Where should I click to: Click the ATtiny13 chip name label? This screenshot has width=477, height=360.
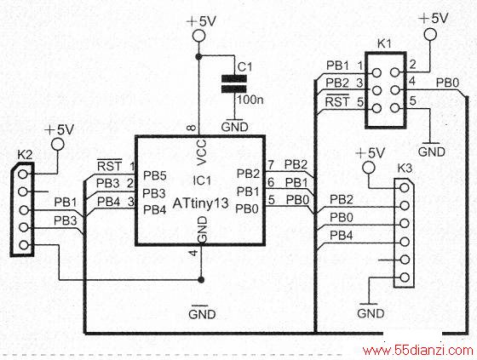200,203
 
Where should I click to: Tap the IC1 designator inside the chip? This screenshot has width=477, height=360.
202,180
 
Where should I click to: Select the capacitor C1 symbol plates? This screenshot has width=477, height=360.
234,83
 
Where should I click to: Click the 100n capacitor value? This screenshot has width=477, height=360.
250,99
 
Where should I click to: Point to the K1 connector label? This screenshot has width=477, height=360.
384,43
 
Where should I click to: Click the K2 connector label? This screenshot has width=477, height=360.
25,155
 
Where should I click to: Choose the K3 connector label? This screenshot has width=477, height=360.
405,168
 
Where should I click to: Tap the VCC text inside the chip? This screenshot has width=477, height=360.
202,152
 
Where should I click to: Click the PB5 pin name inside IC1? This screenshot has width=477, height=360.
155,175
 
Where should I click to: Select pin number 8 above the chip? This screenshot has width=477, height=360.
192,128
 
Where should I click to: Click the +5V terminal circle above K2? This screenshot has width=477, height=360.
57,144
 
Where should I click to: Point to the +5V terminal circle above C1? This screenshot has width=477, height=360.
198,35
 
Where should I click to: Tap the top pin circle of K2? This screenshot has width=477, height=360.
23,174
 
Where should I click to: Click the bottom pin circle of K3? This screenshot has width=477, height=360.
405,277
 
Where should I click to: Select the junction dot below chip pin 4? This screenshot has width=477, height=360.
201,280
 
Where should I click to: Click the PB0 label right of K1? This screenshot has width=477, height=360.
447,83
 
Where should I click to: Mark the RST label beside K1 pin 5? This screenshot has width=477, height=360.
337,101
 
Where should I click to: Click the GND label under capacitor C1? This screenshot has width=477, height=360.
234,127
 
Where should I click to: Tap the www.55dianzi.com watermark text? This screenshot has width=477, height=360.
418,351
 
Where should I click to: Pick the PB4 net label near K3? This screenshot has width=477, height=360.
342,235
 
